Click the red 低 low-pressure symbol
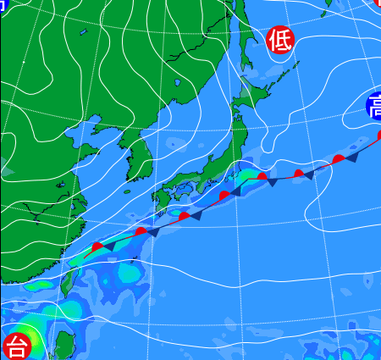[x=280, y=40]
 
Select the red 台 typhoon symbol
[x=15, y=346]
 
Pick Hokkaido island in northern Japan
[x=254, y=93]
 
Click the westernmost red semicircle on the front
[x=97, y=246]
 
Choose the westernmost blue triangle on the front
[x=108, y=246]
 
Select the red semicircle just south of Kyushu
[x=184, y=217]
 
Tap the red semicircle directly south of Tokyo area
[x=262, y=177]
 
